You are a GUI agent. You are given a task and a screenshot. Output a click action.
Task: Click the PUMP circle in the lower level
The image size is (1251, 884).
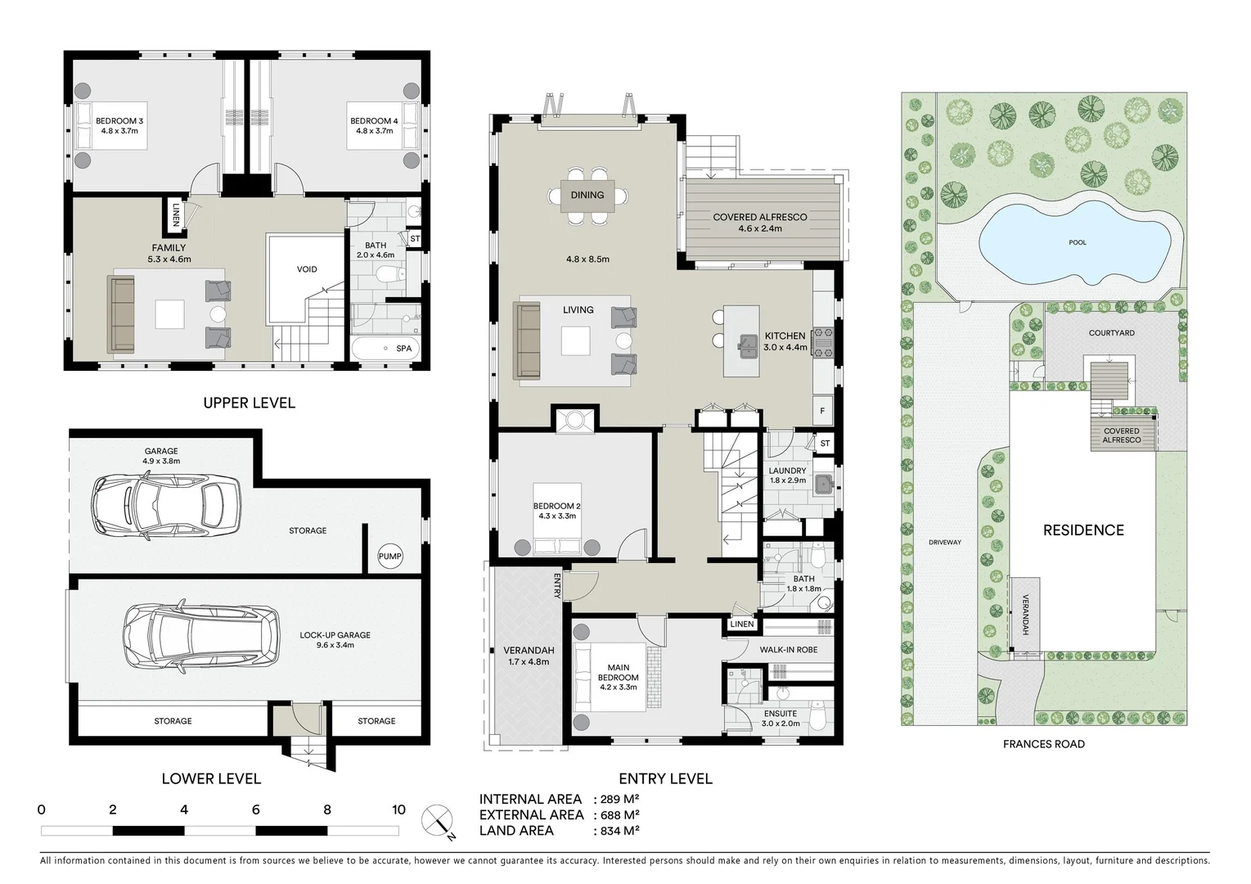coord(389,557)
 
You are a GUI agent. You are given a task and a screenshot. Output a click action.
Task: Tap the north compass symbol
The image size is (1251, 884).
coord(438,819)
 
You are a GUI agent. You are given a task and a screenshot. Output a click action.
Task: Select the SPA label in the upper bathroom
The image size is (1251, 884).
coord(403,349)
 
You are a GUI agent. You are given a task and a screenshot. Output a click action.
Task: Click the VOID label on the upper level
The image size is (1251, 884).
coord(307,269)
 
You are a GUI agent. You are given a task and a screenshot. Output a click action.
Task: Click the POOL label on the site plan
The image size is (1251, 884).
coord(1078,242)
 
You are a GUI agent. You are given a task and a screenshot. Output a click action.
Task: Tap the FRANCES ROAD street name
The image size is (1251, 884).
coord(1043,744)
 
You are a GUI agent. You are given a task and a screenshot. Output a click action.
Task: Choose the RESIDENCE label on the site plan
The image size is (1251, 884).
coord(1082,530)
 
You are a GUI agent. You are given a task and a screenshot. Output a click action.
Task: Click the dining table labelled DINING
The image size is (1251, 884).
coord(587,195)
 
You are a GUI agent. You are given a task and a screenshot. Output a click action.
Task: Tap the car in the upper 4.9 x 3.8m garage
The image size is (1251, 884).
coord(166,507)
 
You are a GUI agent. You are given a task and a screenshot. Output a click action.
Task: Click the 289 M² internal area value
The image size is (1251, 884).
coord(614,800)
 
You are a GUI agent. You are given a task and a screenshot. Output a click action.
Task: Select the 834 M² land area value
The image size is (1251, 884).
coord(614,831)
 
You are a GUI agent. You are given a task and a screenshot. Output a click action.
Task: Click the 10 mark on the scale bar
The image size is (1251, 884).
coord(398,810)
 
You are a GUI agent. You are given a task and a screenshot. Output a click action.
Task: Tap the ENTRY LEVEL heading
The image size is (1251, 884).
coord(664,778)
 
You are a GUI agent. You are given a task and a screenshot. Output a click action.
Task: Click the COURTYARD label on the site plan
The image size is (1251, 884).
coord(1111,333)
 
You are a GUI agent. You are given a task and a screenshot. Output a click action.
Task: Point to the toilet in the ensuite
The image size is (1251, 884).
coord(819,712)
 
